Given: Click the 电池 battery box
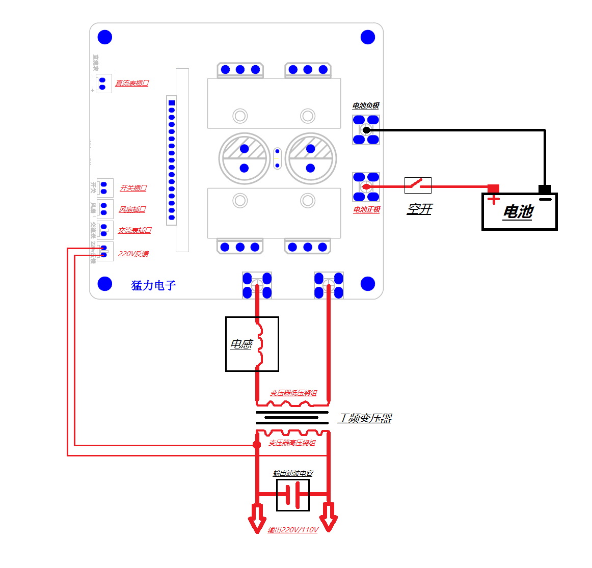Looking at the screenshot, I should tap(519, 211).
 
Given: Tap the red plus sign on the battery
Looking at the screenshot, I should tap(493, 199).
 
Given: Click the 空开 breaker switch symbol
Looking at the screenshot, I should tap(418, 185).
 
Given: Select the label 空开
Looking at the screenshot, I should tap(419, 209).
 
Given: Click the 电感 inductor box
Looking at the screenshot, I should tap(252, 344).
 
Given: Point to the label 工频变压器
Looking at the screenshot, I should tap(365, 418).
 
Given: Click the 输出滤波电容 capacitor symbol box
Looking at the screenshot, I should tap(293, 495).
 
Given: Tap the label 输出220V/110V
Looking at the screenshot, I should tap(293, 530).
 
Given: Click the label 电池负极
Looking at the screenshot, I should tap(366, 105).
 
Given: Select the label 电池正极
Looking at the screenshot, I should tap(367, 209).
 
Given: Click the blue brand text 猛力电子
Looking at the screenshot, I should tap(153, 285).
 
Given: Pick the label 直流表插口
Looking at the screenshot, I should tap(132, 83).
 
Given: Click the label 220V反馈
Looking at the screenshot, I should tap(133, 254).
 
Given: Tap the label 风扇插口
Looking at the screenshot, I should tap(132, 209).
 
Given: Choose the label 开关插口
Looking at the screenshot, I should tap(133, 188).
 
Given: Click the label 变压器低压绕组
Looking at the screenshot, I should tap(293, 393).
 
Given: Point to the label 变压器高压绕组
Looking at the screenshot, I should tap(292, 443).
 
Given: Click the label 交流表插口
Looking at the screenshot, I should tap(134, 230).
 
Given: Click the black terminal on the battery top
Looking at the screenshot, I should tap(545, 189).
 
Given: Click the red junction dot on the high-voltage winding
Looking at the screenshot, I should tap(257, 445).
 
